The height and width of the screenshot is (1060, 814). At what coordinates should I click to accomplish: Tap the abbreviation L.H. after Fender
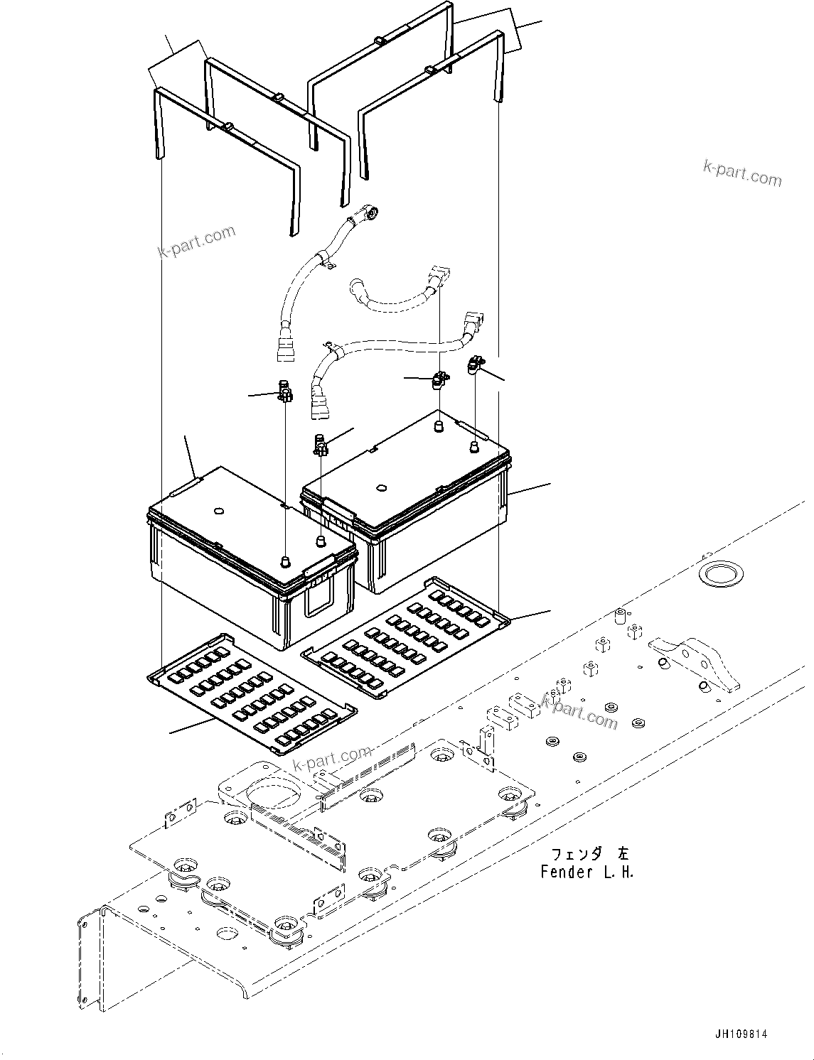[x=618, y=872]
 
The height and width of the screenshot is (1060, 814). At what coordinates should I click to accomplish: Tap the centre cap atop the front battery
[x=218, y=510]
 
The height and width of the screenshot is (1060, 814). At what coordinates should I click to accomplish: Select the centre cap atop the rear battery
[x=381, y=487]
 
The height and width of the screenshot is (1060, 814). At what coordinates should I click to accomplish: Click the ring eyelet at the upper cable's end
[x=373, y=211]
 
